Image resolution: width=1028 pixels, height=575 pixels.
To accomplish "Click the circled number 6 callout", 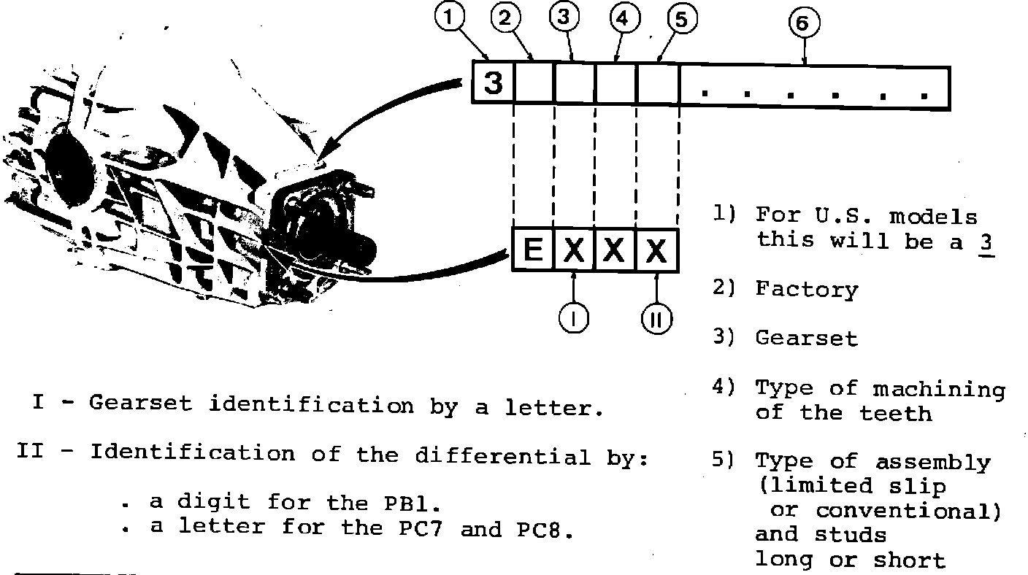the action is point(802,24).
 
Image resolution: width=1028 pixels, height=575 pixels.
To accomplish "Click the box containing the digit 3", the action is point(494,82).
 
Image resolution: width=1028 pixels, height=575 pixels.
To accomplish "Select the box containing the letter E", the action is point(533,251).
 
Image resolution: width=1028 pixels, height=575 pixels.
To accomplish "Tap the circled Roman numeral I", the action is point(575,319).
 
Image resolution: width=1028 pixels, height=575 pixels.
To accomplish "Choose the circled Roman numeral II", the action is point(657,320).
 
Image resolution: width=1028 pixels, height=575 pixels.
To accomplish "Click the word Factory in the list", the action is point(806,290).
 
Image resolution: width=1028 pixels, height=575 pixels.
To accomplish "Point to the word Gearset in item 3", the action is point(806,339).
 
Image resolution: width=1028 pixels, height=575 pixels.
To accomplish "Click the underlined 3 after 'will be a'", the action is point(986,242).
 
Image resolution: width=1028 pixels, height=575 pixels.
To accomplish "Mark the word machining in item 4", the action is point(939,389).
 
